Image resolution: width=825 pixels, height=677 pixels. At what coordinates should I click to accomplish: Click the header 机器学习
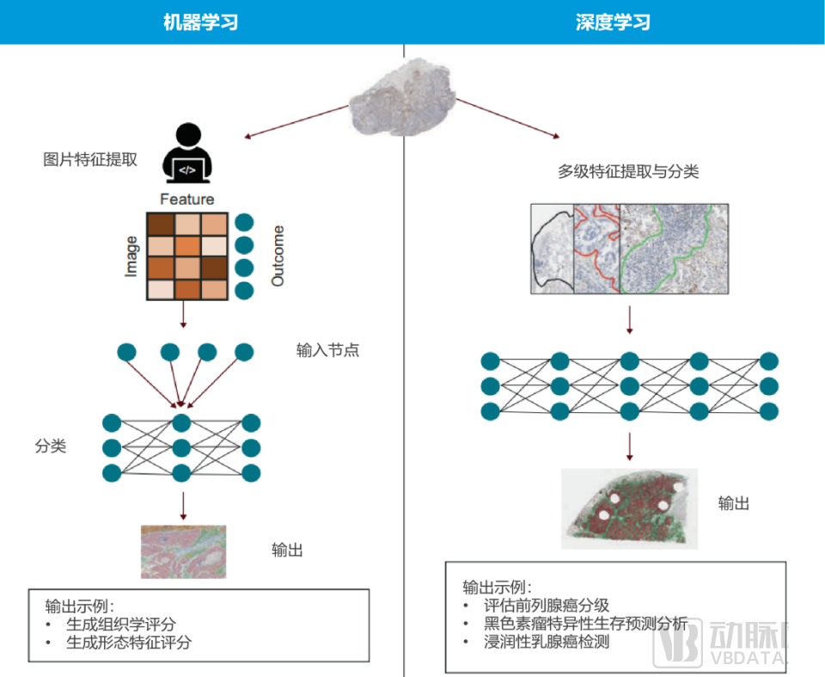[x=200, y=22]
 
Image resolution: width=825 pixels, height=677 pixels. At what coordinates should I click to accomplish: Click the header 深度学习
[x=613, y=22]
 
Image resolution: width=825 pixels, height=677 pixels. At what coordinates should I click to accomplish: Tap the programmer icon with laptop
[x=188, y=155]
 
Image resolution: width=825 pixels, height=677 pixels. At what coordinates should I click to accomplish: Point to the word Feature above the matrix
[x=186, y=200]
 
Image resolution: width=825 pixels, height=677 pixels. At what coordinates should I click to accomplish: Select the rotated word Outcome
[x=278, y=255]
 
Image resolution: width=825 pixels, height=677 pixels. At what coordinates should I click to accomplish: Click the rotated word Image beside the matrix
[x=131, y=255]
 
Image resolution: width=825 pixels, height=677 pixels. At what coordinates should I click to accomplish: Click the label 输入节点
[x=327, y=350]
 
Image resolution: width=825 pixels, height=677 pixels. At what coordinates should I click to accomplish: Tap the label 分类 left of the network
[x=51, y=446]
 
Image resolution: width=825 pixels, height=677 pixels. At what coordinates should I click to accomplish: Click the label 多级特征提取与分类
[x=628, y=171]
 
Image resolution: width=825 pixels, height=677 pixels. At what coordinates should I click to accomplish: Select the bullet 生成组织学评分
[x=126, y=625]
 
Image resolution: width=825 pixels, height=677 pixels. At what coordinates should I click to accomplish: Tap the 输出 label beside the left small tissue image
[x=287, y=550]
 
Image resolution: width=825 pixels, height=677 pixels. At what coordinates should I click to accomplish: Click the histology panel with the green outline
[x=674, y=249]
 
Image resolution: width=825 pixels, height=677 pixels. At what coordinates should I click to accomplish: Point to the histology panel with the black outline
[x=552, y=249]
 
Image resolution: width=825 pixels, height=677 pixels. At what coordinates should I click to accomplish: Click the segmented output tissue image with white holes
[x=628, y=508]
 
